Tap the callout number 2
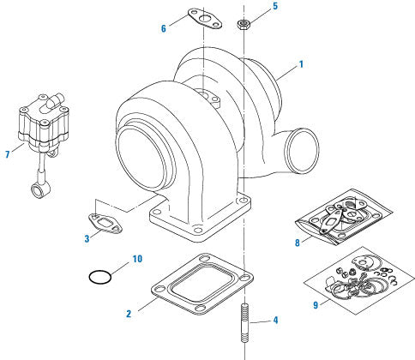(129, 315)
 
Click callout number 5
(275, 6)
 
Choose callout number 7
(7, 154)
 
